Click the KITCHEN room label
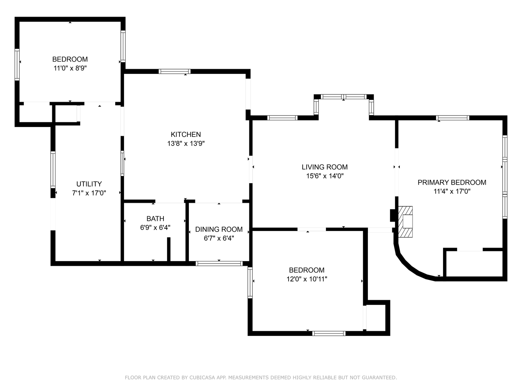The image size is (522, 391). point(186,134)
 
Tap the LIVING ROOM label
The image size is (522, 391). point(324,167)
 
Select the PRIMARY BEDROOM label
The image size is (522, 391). point(452,182)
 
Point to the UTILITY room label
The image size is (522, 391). point(89,184)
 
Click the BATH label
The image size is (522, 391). point(155,219)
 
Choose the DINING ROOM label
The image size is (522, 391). point(219,229)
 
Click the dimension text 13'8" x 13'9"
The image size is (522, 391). point(186,144)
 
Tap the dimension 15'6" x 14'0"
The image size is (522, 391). point(324,176)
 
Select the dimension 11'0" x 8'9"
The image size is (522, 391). point(70,68)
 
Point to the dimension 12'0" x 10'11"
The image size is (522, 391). point(306,279)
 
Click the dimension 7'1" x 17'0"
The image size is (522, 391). point(89,193)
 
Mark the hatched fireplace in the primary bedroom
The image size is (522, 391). point(406,222)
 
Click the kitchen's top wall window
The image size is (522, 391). point(175,71)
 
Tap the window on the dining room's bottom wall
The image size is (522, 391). point(219,264)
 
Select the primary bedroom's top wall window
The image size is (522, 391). point(452,118)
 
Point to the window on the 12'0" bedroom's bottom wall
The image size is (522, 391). point(329,333)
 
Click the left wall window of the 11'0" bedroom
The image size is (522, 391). point(17,64)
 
